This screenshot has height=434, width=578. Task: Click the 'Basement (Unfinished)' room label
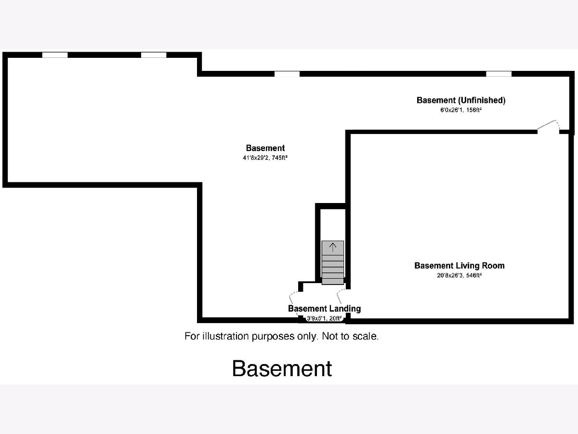point(460,100)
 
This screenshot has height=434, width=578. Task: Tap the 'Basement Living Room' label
point(459,266)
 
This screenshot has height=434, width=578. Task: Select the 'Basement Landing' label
point(324,309)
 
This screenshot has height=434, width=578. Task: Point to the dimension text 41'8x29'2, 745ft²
point(265,158)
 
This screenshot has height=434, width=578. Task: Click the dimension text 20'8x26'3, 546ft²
point(459,276)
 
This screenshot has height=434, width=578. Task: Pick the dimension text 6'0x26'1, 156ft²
point(460,110)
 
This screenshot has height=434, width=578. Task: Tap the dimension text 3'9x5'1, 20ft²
point(324,318)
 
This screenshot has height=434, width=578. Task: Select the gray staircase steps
point(333,263)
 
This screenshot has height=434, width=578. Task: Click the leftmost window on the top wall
point(55,55)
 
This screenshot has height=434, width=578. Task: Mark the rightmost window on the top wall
point(499,74)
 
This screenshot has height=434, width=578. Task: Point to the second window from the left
point(154,55)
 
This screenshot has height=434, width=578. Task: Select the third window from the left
point(287,74)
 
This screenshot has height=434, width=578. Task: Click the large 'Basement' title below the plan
point(282,368)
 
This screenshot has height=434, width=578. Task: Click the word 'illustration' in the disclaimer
point(226,336)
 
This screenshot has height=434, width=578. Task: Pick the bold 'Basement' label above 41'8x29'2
point(265,148)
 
